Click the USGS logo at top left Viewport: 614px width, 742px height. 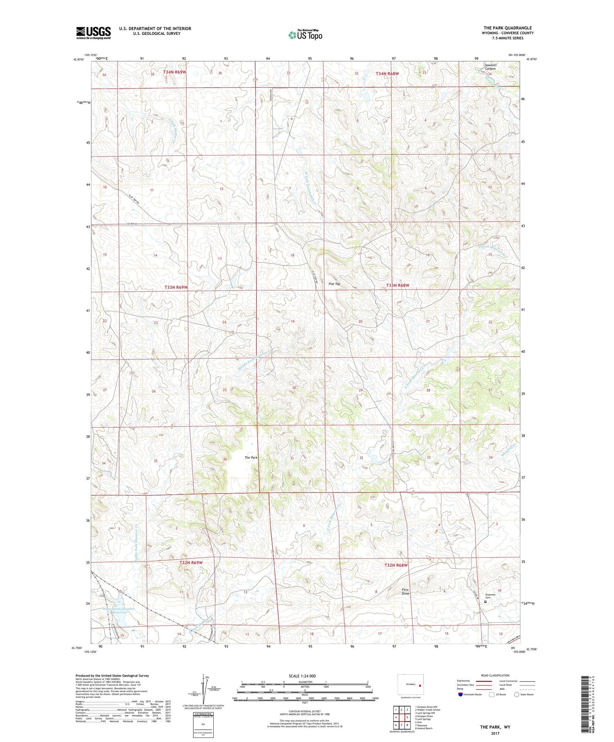tap(93, 33)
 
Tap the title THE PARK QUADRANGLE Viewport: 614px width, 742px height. tap(508, 28)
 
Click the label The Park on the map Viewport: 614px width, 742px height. tap(251, 458)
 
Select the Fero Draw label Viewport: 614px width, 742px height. tap(405, 591)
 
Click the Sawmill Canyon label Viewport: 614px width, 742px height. tap(490, 67)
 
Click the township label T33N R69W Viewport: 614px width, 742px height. tap(176, 287)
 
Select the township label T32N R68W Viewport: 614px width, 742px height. tap(396, 565)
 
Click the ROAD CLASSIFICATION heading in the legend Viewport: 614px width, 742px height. tap(495, 675)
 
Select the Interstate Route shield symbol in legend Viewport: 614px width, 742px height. tap(460, 695)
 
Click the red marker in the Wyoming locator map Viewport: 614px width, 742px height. tap(420, 684)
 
